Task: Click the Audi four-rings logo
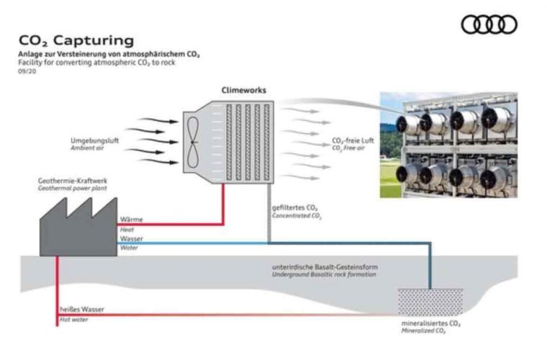coord(489,24)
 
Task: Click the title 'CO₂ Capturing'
coord(76,40)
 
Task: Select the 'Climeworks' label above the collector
coord(243,91)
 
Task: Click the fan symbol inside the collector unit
coord(193,139)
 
